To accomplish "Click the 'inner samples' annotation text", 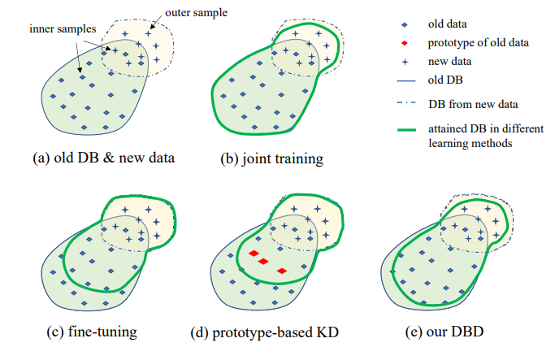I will [50, 28].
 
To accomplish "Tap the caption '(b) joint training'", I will [267, 158].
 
